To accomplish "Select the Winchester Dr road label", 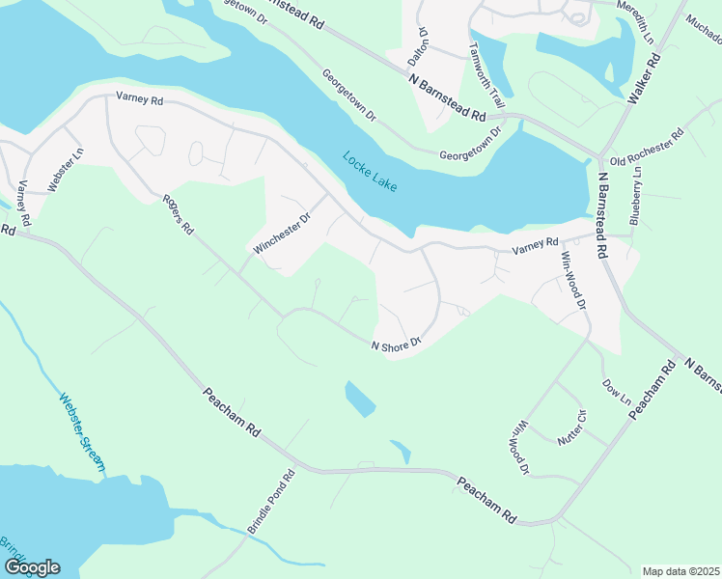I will coord(282,234).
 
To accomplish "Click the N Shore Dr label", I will coord(398,343).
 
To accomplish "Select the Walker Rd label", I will coord(644,79).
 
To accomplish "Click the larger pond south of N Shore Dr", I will coord(360,398).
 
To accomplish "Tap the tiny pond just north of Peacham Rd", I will coord(401,451).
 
